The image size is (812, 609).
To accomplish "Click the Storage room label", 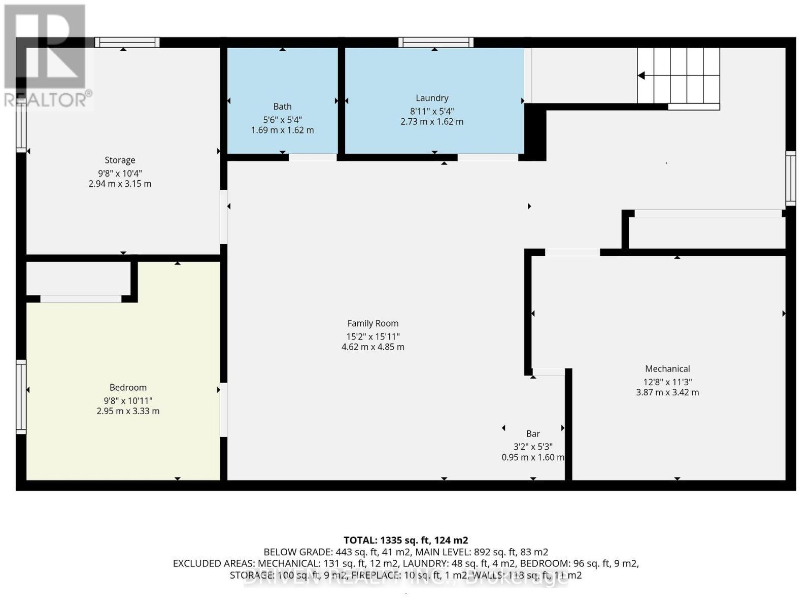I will click(120, 160).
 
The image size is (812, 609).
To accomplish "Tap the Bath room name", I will click(282, 107).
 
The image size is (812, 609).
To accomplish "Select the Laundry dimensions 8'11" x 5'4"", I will click(432, 111).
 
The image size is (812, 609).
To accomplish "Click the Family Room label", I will click(373, 323).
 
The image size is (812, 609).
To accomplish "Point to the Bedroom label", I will click(128, 388).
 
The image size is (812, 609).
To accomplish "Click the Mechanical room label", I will click(667, 369).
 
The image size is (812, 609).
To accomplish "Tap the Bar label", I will click(533, 434).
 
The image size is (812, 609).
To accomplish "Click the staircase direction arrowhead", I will click(641, 76).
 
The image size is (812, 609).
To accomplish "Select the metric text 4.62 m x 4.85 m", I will click(373, 347).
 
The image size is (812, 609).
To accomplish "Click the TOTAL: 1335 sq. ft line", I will click(405, 540).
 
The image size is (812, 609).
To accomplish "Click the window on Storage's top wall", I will click(127, 43).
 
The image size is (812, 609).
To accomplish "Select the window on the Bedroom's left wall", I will click(21, 396).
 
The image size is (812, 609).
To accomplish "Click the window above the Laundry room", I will click(435, 43).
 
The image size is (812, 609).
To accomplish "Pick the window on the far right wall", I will click(790, 178).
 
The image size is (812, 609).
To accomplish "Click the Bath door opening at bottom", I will click(313, 158).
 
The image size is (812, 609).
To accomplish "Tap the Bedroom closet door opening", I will click(81, 299).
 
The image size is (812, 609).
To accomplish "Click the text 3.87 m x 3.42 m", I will click(667, 392).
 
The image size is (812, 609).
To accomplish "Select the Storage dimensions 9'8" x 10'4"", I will click(120, 174).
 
